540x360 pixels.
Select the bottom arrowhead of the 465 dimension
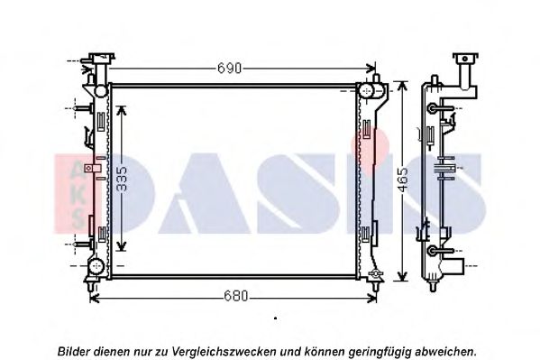click(402, 281)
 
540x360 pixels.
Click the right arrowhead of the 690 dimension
click(373, 68)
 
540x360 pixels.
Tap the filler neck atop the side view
click(465, 69)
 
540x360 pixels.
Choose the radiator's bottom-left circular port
click(96, 268)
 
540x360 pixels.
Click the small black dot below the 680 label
click(275, 318)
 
